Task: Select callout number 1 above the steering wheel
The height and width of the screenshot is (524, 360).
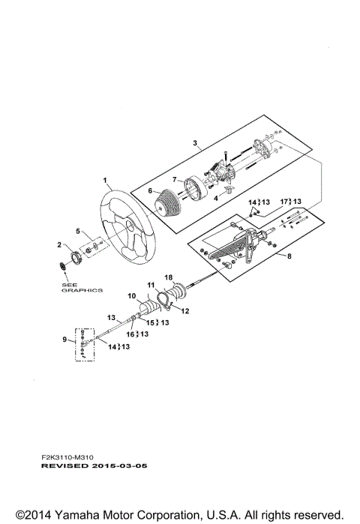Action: [x=106, y=180]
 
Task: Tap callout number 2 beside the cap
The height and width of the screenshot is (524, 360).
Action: [x=60, y=245]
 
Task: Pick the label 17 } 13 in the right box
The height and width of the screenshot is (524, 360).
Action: [x=291, y=202]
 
